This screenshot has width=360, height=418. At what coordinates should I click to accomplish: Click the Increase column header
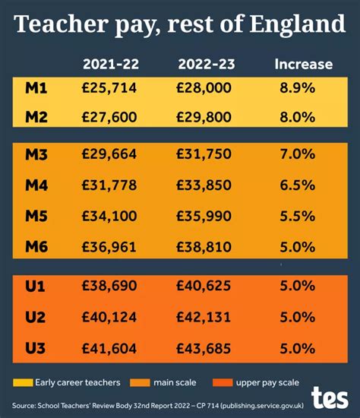(303, 63)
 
